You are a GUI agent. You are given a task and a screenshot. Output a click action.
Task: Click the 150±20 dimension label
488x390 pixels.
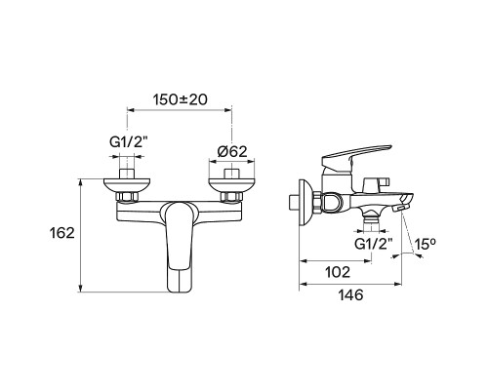180,99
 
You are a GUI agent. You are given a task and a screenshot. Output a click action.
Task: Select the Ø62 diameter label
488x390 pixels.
232,151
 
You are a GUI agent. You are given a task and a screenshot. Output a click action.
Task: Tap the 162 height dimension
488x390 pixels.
61,233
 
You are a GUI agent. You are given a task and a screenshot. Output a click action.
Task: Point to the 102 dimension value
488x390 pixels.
338,272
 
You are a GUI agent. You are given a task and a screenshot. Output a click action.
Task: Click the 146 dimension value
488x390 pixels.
350,295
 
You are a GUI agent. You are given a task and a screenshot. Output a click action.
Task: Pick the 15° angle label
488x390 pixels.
425,244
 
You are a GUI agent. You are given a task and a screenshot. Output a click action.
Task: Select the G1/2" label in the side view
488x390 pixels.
373,244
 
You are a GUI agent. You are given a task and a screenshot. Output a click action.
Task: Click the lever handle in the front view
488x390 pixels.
179,247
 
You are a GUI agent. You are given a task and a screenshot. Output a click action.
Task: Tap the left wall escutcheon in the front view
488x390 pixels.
127,184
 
